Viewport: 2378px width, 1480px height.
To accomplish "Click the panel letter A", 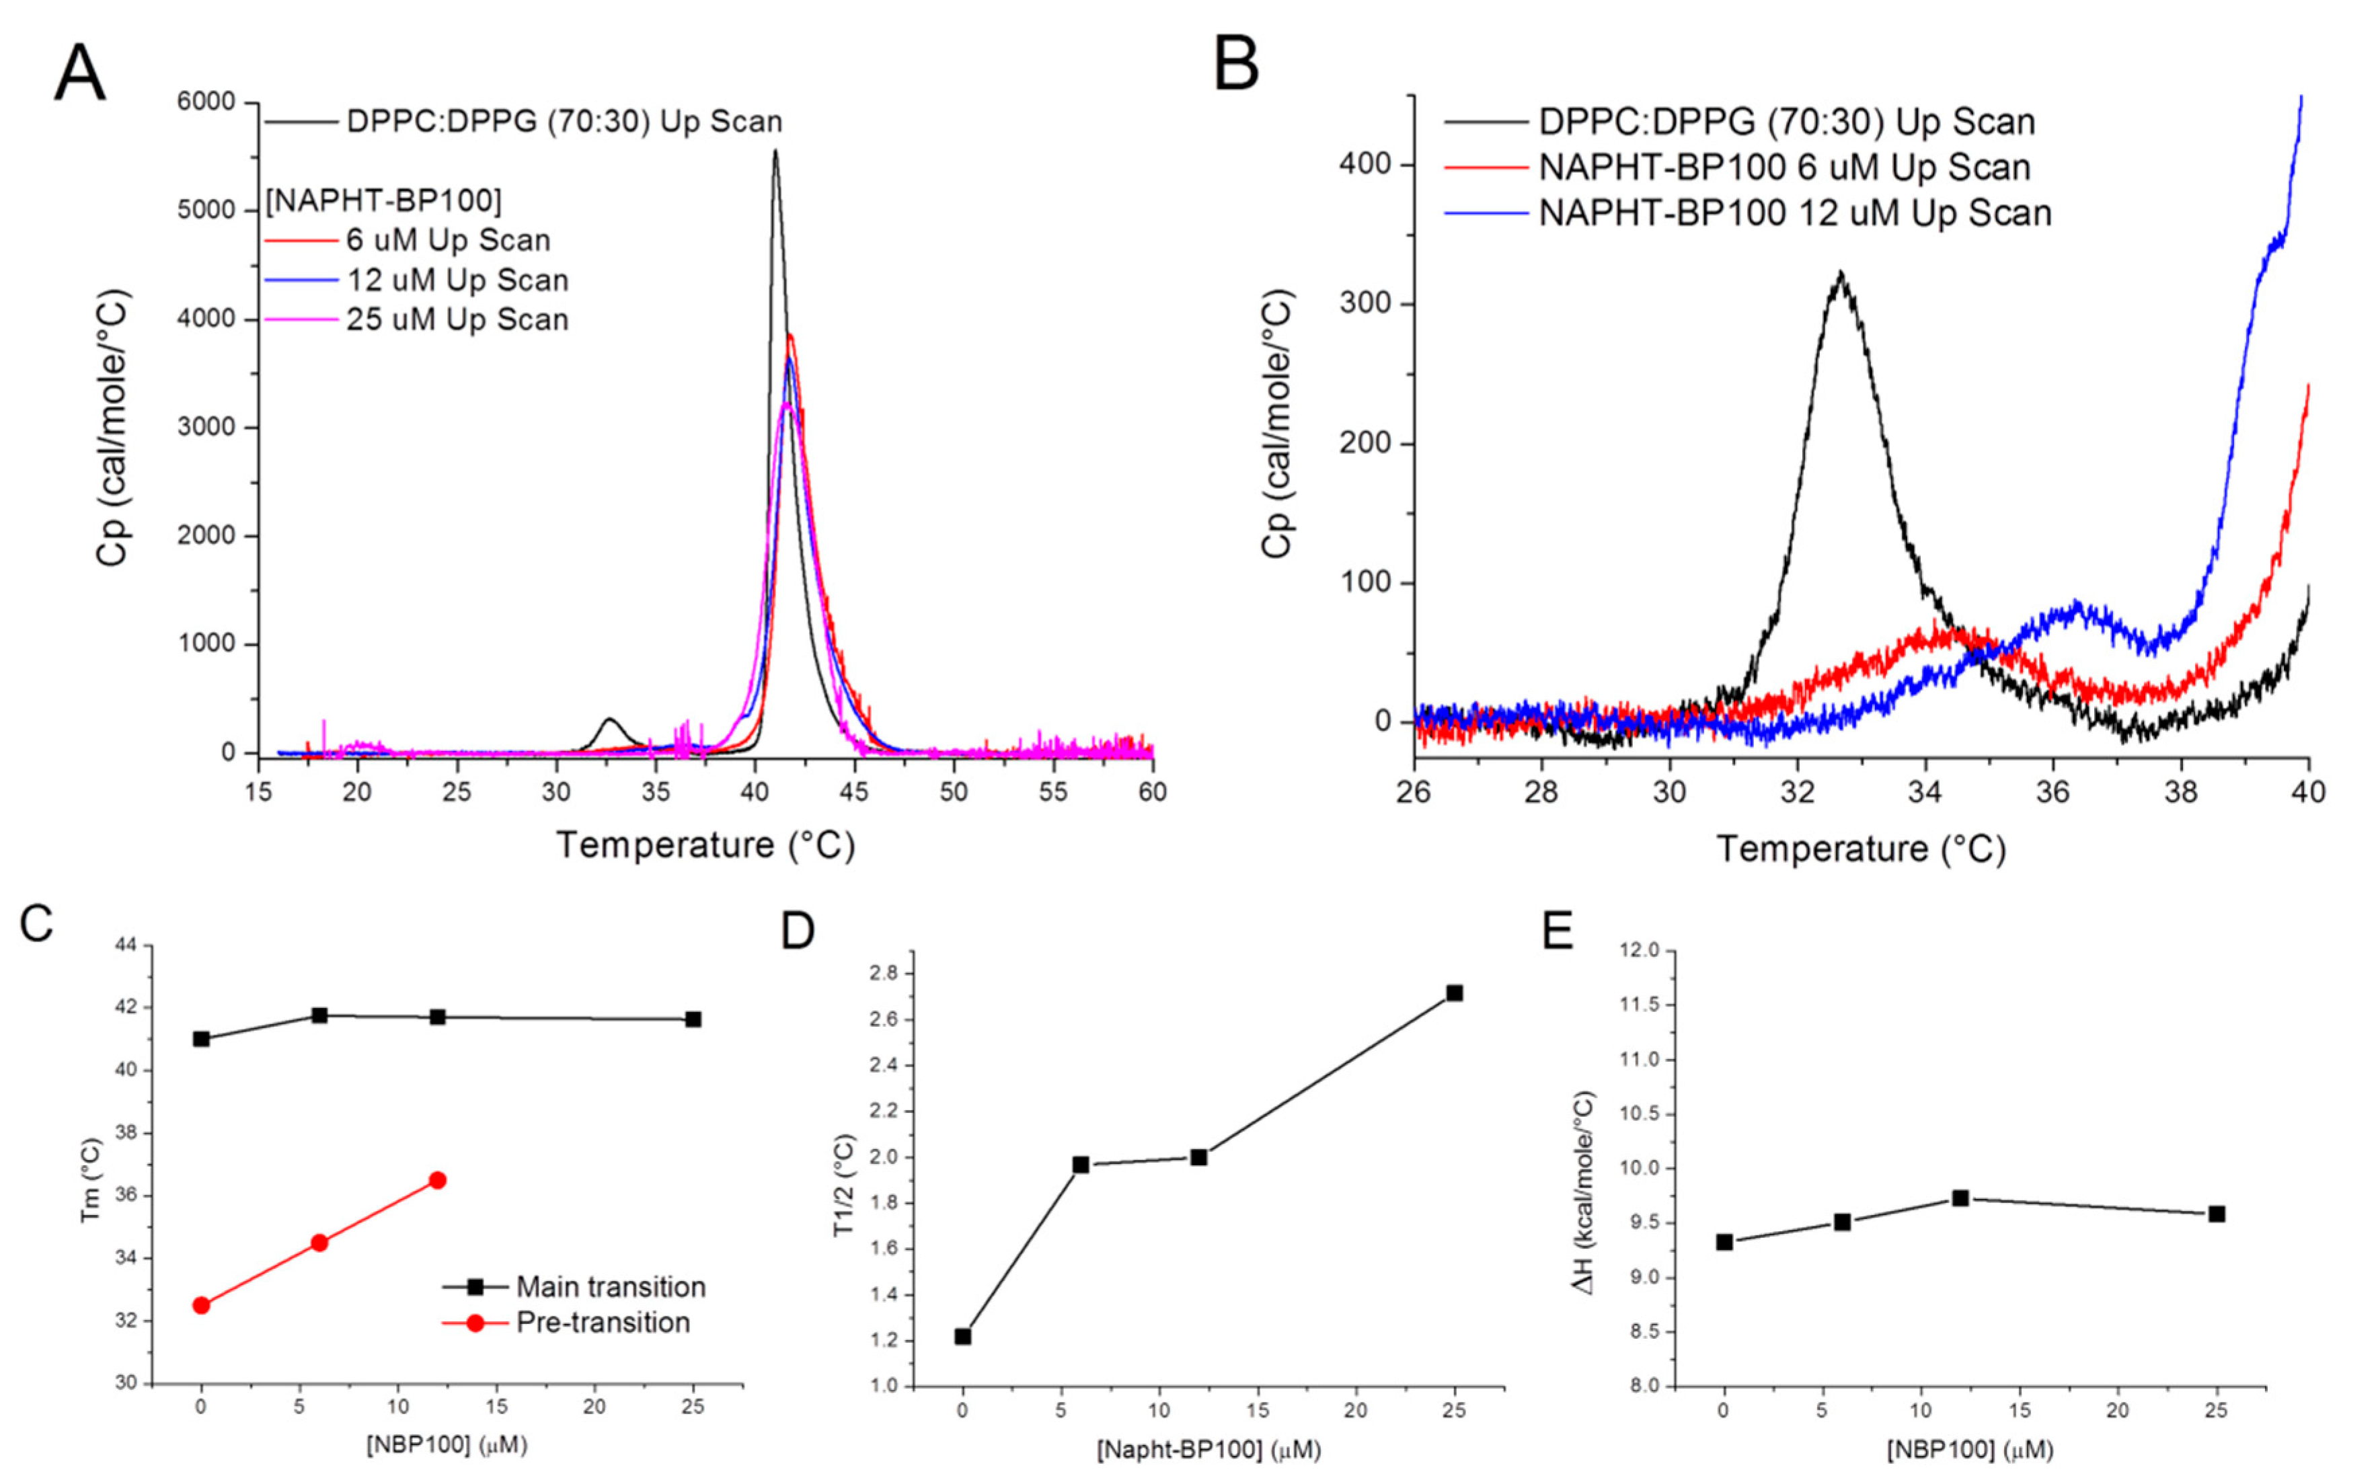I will [x=79, y=75].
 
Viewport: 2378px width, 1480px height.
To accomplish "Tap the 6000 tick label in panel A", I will [x=206, y=102].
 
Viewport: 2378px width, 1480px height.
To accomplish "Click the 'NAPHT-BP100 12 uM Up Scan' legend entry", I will [x=1794, y=213].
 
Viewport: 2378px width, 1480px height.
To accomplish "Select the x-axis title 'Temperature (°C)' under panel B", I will [x=1860, y=849].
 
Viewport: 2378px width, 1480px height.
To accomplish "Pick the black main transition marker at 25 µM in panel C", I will [x=693, y=1019].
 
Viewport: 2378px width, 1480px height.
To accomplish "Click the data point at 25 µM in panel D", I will [x=1454, y=992].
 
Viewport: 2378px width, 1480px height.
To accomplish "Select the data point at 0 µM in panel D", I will [x=962, y=1336].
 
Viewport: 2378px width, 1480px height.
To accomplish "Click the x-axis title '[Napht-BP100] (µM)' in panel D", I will [x=1208, y=1450].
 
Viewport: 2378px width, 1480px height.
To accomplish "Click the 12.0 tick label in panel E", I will [x=1640, y=950].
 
